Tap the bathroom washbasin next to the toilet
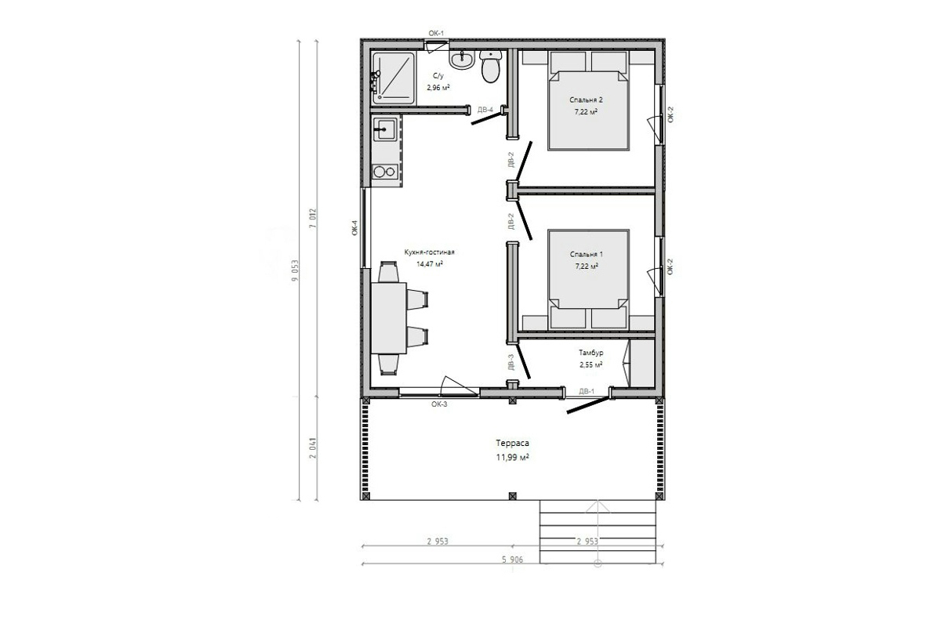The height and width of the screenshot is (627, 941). pyautogui.click(x=462, y=60)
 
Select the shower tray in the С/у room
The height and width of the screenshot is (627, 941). pyautogui.click(x=394, y=78)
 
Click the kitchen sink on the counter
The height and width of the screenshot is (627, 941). pyautogui.click(x=385, y=129)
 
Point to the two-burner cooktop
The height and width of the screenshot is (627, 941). pyautogui.click(x=385, y=172)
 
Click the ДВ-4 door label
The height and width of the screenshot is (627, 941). pyautogui.click(x=485, y=110)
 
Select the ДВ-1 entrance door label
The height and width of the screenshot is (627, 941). pyautogui.click(x=587, y=391)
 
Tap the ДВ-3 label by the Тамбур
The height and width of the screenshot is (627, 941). pyautogui.click(x=510, y=362)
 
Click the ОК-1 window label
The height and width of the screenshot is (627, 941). pyautogui.click(x=436, y=33)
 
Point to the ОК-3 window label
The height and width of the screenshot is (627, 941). pyautogui.click(x=439, y=404)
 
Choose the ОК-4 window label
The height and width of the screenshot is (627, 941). pyautogui.click(x=355, y=227)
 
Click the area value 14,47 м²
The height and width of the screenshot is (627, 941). pyautogui.click(x=430, y=264)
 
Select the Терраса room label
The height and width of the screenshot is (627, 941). pyautogui.click(x=513, y=443)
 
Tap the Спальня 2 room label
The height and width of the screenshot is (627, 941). pyautogui.click(x=586, y=100)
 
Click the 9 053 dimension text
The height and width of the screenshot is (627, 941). pyautogui.click(x=295, y=270)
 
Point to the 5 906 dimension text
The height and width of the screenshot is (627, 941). pyautogui.click(x=513, y=560)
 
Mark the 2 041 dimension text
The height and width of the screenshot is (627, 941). pyautogui.click(x=313, y=448)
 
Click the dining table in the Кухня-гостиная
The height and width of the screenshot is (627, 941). pyautogui.click(x=389, y=318)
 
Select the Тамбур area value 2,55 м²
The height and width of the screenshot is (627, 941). pyautogui.click(x=591, y=364)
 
